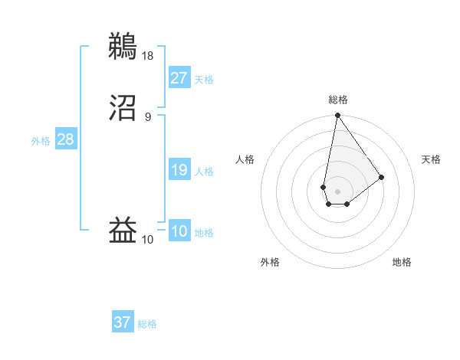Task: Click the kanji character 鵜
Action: click(123, 45)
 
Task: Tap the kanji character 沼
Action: click(123, 109)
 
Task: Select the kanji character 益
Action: click(123, 231)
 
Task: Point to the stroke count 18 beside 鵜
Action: click(148, 55)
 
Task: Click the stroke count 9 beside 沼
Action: click(148, 116)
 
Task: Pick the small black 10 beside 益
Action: click(148, 240)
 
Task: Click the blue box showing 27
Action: click(179, 77)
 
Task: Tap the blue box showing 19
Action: click(179, 170)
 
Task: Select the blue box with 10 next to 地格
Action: click(179, 231)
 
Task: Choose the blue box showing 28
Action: click(65, 139)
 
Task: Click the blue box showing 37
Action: click(123, 322)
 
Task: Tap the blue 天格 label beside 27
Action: click(204, 79)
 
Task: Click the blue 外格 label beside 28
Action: click(41, 140)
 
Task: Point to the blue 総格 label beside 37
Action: click(147, 324)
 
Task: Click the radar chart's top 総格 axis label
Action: click(338, 100)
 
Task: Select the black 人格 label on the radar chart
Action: click(245, 159)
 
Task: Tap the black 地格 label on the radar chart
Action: click(402, 262)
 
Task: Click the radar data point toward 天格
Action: click(382, 177)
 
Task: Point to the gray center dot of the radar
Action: click(337, 190)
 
